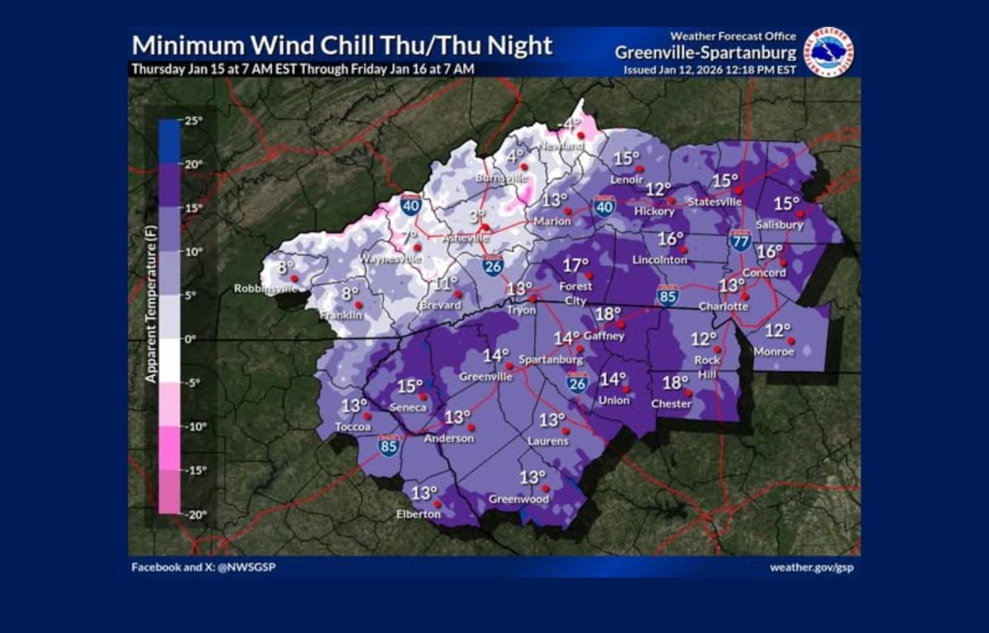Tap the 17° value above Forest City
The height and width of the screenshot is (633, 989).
tap(576, 265)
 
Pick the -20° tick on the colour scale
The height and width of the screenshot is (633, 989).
tap(195, 514)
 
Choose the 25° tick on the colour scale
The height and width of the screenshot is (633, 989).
tap(193, 120)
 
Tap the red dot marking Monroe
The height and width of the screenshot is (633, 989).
tap(790, 340)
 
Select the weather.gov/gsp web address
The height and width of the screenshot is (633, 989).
tap(813, 567)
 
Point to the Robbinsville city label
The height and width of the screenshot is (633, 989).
tap(265, 288)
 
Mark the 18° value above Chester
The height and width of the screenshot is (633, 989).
tap(675, 382)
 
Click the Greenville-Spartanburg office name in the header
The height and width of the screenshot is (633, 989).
tap(705, 53)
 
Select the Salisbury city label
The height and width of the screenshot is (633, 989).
tap(779, 225)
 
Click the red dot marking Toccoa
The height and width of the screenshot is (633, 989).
tap(368, 416)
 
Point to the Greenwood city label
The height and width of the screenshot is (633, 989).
tap(519, 499)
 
